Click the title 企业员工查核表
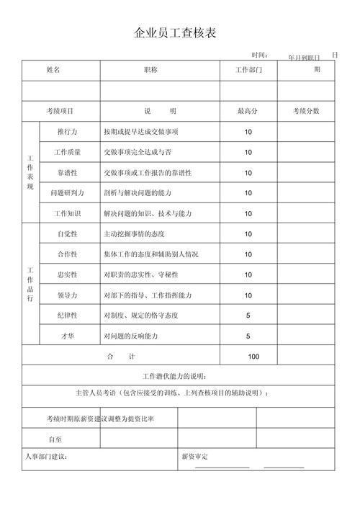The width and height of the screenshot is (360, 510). point(176,33)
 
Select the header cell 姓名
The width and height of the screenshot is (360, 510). point(53,70)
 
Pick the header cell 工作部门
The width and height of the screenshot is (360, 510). point(248,71)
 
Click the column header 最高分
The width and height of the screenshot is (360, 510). point(248,111)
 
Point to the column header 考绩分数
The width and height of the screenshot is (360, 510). point(306,111)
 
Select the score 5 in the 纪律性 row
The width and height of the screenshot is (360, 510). point(248,316)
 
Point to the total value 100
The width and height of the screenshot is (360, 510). point(253,357)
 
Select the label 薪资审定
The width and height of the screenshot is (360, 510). point(194,457)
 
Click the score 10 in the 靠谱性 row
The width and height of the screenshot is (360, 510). point(248,173)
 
